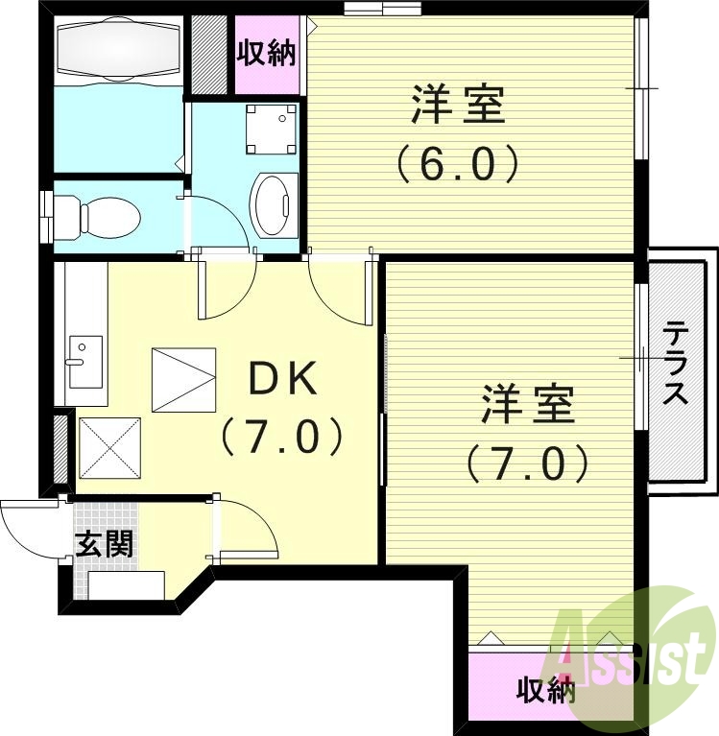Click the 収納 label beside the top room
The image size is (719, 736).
tap(268, 54)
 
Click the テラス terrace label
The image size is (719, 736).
tap(677, 365)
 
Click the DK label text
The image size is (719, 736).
tap(282, 381)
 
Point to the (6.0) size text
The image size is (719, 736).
tap(458, 163)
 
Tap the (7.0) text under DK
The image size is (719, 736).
tap(282, 438)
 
